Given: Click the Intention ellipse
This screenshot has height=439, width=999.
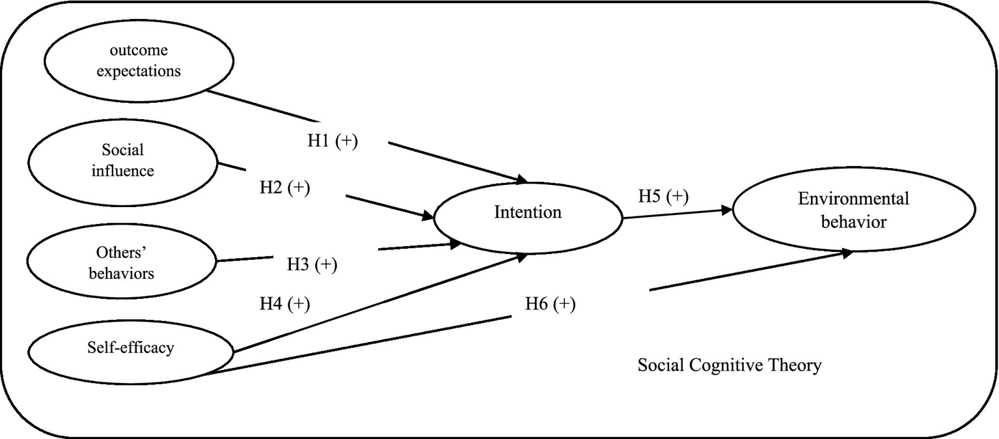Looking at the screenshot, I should click(x=527, y=213).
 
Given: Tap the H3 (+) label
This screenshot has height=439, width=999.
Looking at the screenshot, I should click(x=312, y=264).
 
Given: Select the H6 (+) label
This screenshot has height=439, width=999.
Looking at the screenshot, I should click(x=550, y=304).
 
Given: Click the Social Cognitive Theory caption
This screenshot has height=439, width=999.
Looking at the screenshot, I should click(x=729, y=365).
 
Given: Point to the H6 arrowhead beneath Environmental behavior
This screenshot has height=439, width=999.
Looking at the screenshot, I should click(x=846, y=252).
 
